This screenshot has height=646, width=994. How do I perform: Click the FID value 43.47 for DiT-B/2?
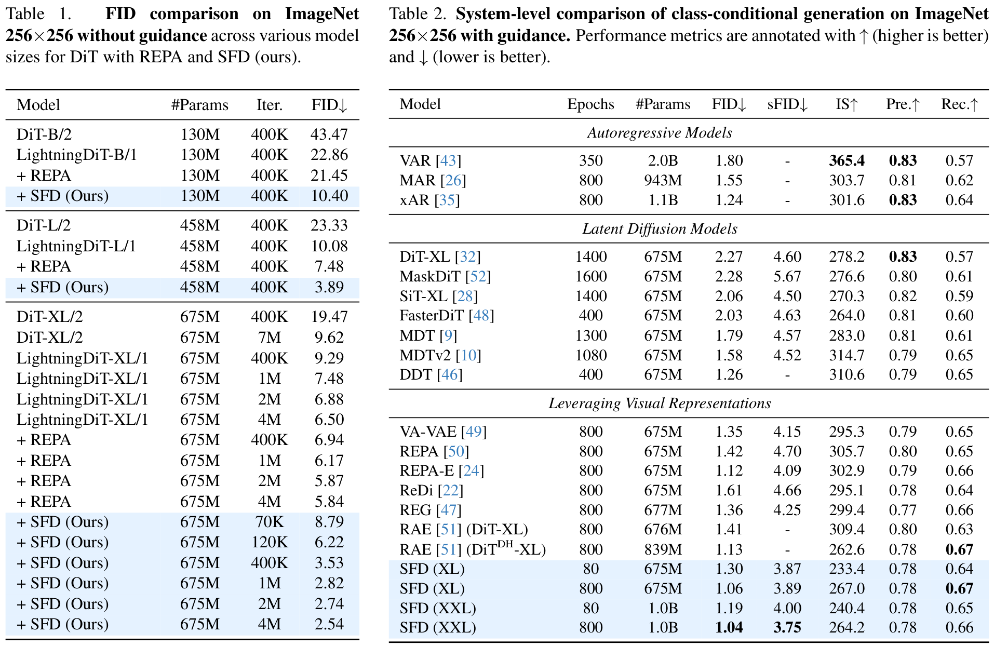329,134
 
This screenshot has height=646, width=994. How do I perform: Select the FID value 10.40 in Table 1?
329,196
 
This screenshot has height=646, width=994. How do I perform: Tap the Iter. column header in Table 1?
269,105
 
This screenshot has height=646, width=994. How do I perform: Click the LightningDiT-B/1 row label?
76,155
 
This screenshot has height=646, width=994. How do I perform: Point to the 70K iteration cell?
269,522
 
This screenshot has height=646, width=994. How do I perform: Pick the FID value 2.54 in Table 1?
329,624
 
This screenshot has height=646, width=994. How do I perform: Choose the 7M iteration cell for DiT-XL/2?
269,338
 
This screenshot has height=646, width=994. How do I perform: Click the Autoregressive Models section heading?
660,133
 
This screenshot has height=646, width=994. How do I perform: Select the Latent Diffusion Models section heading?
660,229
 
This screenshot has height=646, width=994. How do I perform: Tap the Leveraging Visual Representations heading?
660,403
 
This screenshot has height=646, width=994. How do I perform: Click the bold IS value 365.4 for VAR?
847,161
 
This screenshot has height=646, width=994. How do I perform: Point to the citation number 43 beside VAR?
448,161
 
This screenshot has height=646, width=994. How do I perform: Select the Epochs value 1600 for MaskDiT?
590,277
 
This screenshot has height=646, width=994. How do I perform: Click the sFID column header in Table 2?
787,105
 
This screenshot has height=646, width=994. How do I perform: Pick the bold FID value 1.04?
729,628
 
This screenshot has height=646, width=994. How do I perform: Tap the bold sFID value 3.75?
787,628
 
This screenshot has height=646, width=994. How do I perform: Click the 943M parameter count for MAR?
663,181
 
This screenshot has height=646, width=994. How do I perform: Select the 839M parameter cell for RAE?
663,550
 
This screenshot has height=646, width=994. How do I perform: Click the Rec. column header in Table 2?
959,105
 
